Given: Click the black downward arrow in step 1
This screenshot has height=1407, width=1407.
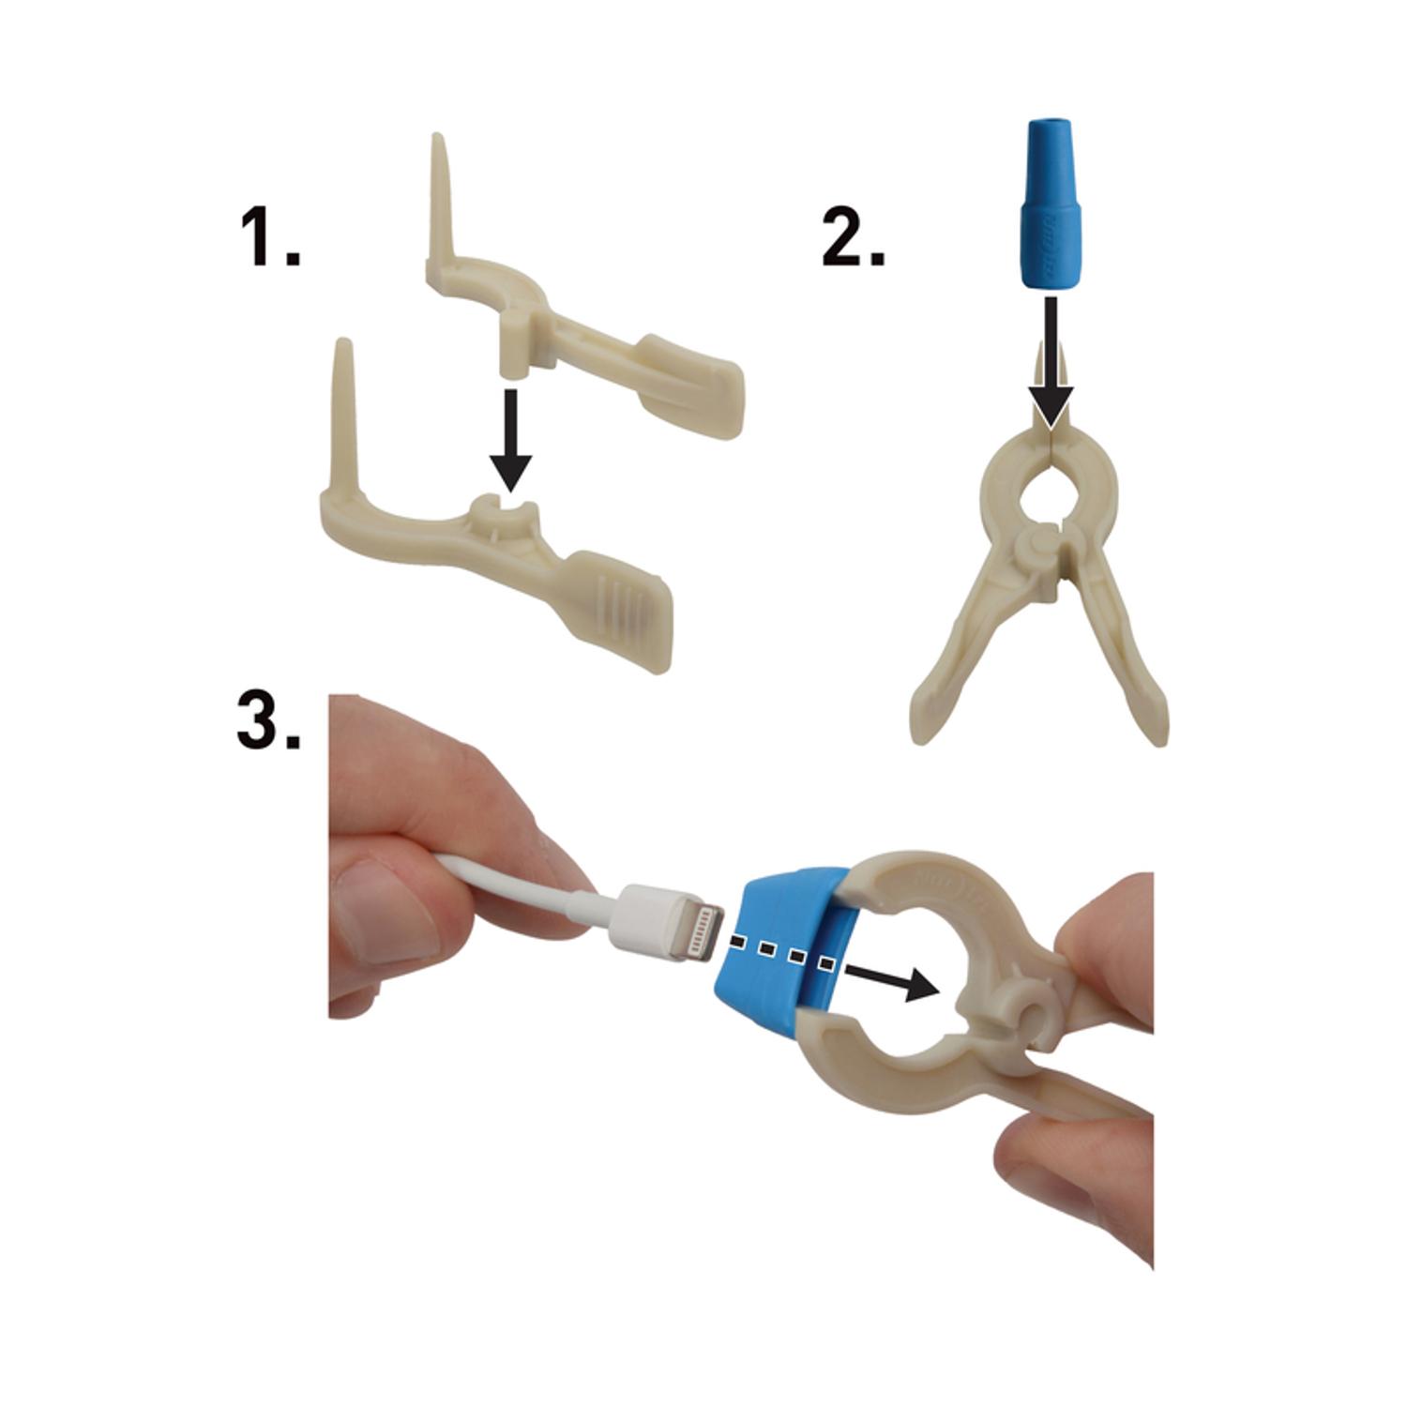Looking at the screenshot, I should tap(510, 439).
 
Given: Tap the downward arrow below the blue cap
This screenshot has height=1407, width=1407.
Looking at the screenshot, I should tap(1052, 366).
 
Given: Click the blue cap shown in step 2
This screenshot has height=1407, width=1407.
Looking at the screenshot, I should tap(1052, 203).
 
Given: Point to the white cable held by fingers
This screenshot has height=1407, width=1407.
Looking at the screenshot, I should tap(525, 882).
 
